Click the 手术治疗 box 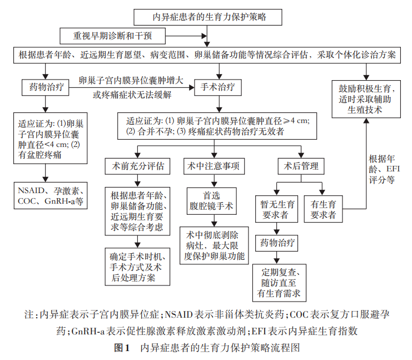214,87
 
